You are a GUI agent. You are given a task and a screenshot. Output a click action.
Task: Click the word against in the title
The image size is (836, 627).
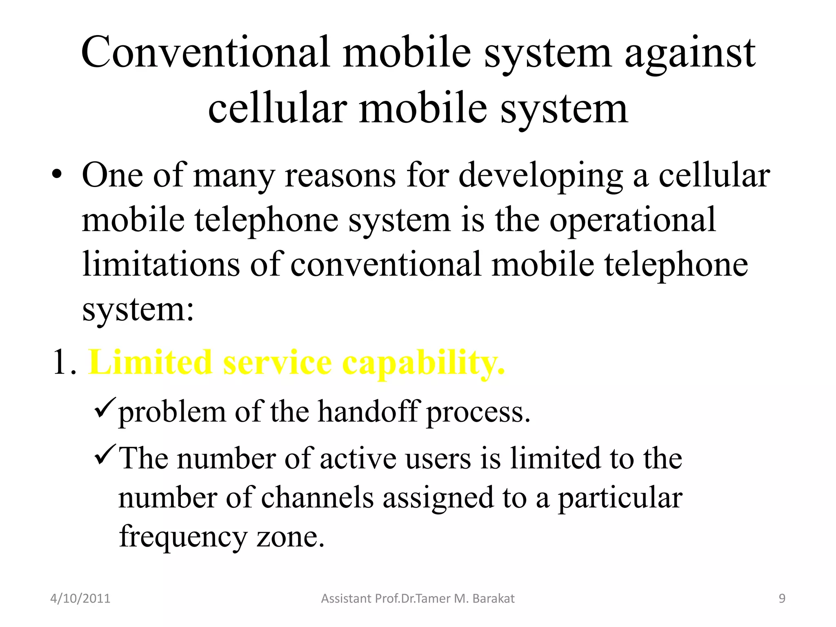pyautogui.click(x=690, y=53)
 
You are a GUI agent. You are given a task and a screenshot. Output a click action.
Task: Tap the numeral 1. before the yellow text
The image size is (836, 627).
pyautogui.click(x=64, y=362)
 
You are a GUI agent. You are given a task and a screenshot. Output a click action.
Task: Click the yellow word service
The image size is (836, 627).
pyautogui.click(x=278, y=362)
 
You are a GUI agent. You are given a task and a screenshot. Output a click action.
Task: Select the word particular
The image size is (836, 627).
pyautogui.click(x=620, y=498)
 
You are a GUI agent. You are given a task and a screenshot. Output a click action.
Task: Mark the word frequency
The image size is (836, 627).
pyautogui.click(x=183, y=537)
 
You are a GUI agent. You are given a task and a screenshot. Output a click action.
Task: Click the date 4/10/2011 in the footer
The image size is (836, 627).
pyautogui.click(x=80, y=598)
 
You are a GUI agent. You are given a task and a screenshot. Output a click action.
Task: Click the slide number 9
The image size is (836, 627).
pyautogui.click(x=782, y=598)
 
